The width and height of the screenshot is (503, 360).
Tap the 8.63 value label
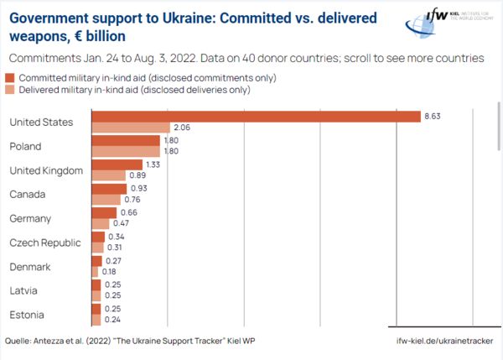(x=433, y=117)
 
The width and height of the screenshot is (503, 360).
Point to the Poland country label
(x=25, y=147)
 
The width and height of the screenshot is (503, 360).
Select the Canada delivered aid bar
(x=105, y=201)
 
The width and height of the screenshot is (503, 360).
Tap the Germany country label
(x=30, y=219)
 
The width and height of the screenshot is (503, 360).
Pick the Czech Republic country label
(x=45, y=243)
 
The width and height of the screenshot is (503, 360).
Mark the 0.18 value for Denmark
(x=109, y=273)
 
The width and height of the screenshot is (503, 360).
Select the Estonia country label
(x=27, y=316)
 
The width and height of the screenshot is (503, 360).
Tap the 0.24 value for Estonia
(x=112, y=321)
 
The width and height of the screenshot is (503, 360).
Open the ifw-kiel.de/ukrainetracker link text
(x=444, y=342)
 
